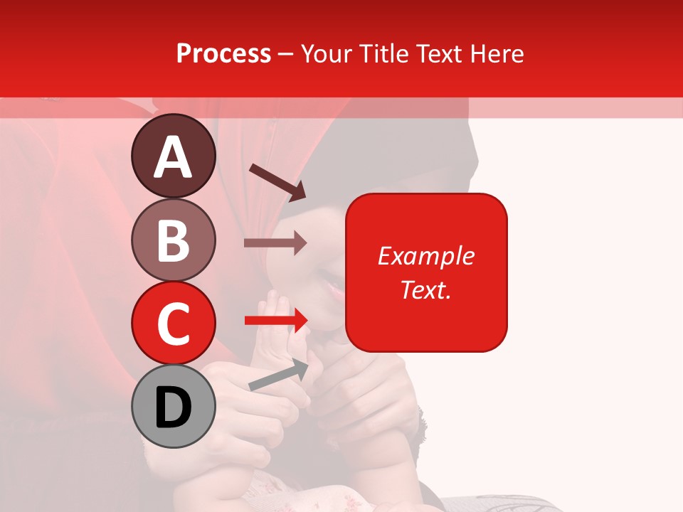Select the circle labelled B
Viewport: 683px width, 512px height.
pyautogui.click(x=173, y=240)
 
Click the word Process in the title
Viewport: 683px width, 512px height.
pyautogui.click(x=223, y=54)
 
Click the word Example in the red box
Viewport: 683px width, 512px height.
pyautogui.click(x=425, y=256)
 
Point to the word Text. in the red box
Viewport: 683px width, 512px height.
pyautogui.click(x=425, y=289)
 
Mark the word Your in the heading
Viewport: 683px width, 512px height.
pyautogui.click(x=324, y=54)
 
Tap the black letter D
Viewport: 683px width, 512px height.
pyautogui.click(x=173, y=407)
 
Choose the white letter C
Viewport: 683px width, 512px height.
pyautogui.click(x=173, y=324)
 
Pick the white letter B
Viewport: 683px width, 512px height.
pyautogui.click(x=173, y=241)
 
